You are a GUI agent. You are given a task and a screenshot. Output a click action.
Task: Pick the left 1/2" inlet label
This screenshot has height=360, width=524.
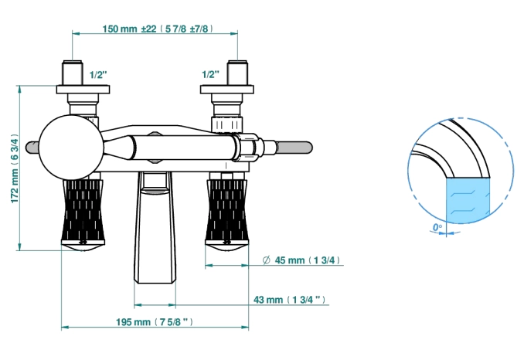tap(99, 74)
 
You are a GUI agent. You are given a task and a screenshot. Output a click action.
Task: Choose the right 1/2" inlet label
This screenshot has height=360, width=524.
tap(210, 74)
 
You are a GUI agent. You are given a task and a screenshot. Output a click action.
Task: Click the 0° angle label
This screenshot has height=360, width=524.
tap(437, 227)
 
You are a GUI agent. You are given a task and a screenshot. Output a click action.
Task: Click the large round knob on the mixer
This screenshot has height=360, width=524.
tap(71, 148)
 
